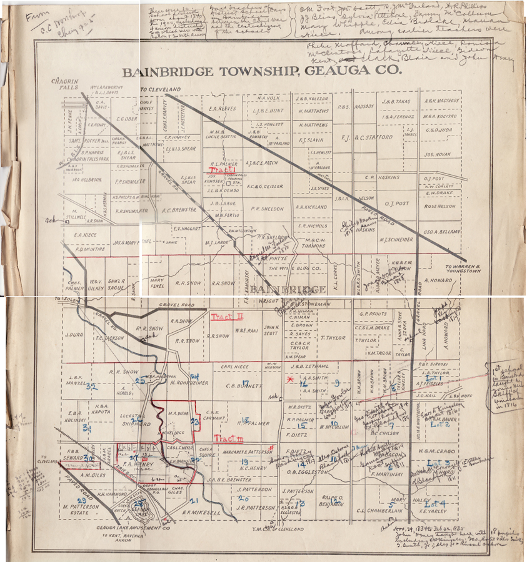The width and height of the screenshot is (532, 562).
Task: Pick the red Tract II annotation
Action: pyautogui.click(x=228, y=316)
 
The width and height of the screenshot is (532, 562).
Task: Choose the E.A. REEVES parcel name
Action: pyautogui.click(x=222, y=108)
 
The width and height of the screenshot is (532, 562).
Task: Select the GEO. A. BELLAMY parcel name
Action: pyautogui.click(x=441, y=232)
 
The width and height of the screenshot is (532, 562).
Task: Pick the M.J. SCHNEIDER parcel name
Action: pyautogui.click(x=396, y=239)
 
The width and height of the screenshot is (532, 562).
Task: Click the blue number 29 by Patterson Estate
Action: pyautogui.click(x=82, y=501)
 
